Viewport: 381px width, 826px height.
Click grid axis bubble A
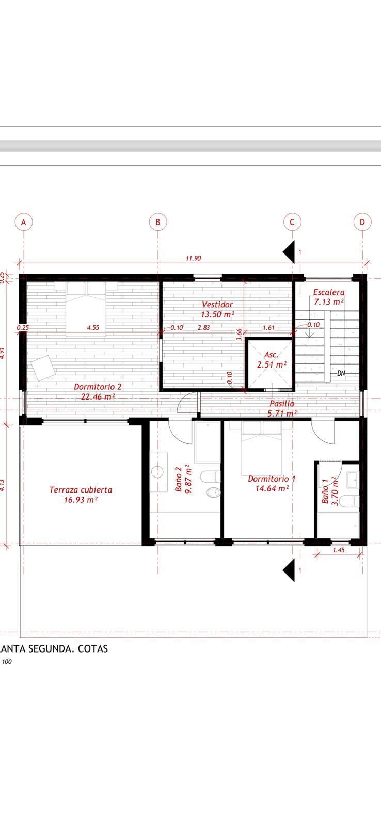[x=23, y=222]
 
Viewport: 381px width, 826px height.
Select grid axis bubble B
[x=158, y=222]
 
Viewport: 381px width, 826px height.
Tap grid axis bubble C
[x=292, y=222]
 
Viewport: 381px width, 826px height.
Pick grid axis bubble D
[x=362, y=222]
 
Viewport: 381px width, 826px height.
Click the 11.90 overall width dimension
[x=193, y=258]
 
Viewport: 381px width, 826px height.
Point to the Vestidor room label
[x=217, y=305]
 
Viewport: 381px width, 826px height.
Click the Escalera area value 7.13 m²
[x=329, y=301]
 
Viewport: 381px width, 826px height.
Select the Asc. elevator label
[x=271, y=355]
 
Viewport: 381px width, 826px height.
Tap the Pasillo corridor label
[x=282, y=403]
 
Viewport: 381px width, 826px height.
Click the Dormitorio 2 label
[x=98, y=386]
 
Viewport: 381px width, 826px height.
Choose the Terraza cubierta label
[x=81, y=489]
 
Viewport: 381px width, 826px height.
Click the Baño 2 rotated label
[x=179, y=479]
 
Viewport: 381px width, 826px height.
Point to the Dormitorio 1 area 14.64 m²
[x=272, y=488]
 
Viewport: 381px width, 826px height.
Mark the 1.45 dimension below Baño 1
[x=339, y=550]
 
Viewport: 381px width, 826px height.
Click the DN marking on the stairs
[x=341, y=373]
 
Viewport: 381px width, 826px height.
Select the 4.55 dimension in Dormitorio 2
[x=93, y=327]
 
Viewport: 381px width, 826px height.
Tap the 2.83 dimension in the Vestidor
[x=203, y=327]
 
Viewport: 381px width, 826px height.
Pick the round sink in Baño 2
[x=157, y=471]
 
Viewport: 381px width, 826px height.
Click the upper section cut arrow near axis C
[x=289, y=251]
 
